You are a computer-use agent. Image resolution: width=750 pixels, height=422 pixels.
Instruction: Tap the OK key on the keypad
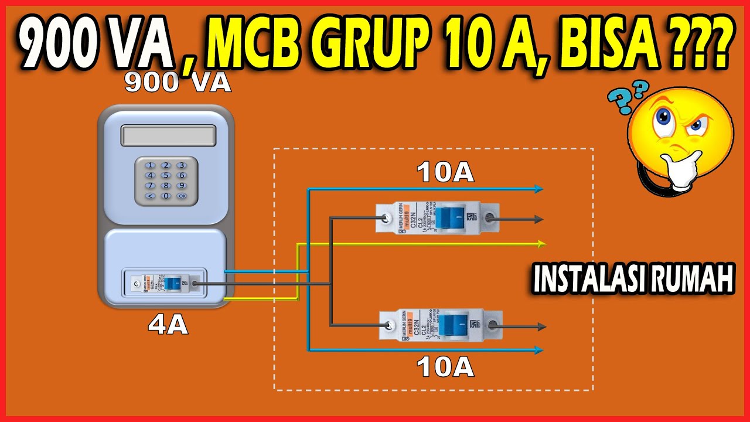182,196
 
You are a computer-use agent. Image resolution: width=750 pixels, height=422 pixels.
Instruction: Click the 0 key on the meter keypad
166,196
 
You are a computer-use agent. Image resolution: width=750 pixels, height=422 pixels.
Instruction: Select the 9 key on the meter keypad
182,185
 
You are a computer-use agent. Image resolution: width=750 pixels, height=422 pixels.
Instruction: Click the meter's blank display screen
166,135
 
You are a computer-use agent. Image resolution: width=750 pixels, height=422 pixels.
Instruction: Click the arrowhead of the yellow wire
541,243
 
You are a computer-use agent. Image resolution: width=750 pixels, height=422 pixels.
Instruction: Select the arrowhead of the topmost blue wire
538,189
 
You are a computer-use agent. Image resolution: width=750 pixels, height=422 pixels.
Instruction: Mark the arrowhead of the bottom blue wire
538,350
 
